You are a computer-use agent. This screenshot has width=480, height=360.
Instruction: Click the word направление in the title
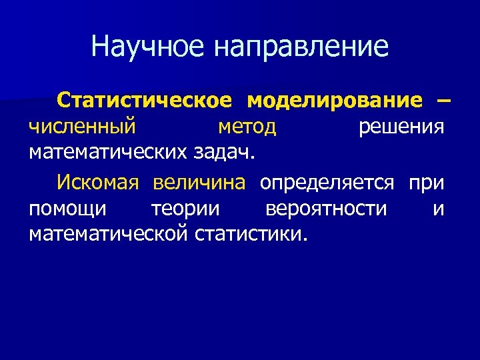[x=301, y=47]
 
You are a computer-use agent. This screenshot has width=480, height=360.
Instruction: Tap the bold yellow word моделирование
[x=334, y=100]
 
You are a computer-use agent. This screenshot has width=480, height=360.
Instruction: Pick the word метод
[x=247, y=126]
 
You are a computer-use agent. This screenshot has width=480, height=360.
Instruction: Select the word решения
[x=401, y=126]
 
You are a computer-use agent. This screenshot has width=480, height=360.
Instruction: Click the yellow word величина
[x=199, y=181]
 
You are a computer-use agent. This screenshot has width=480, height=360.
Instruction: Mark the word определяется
[x=327, y=181]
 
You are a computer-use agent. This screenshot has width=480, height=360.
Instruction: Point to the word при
[x=427, y=181]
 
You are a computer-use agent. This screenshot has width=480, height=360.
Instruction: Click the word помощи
[x=67, y=208]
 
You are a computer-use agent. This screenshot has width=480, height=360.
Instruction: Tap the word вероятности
[x=325, y=208]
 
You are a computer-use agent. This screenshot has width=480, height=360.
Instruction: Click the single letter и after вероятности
[x=438, y=208]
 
